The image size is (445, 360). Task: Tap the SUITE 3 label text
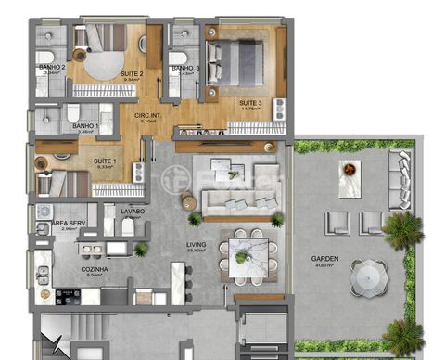(x=250, y=102)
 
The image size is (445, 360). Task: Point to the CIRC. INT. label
(x=148, y=114)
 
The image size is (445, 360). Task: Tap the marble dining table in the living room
(x=243, y=253)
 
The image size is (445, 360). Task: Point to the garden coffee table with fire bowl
(x=350, y=178)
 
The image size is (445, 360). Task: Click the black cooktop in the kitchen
(x=68, y=296)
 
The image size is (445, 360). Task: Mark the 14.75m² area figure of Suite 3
(x=250, y=109)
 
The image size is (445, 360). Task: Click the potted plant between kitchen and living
(x=141, y=250)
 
